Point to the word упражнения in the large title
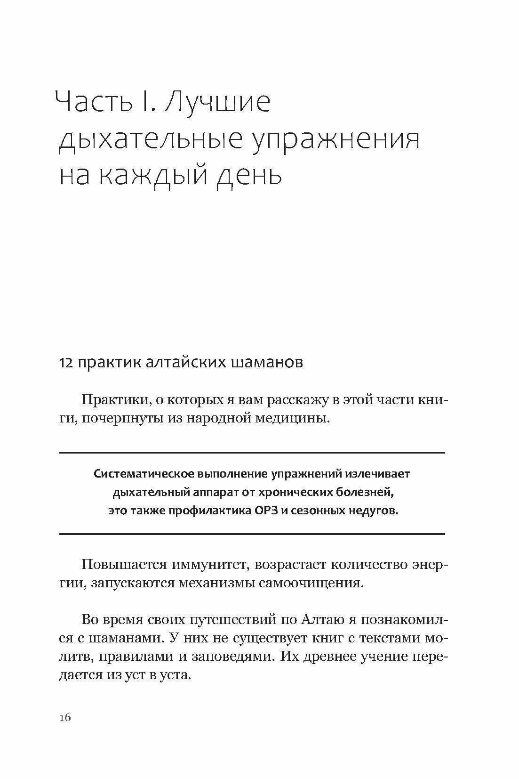(335, 141)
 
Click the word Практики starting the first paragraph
(112, 400)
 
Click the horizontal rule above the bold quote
(252, 453)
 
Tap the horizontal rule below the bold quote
(252, 534)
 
